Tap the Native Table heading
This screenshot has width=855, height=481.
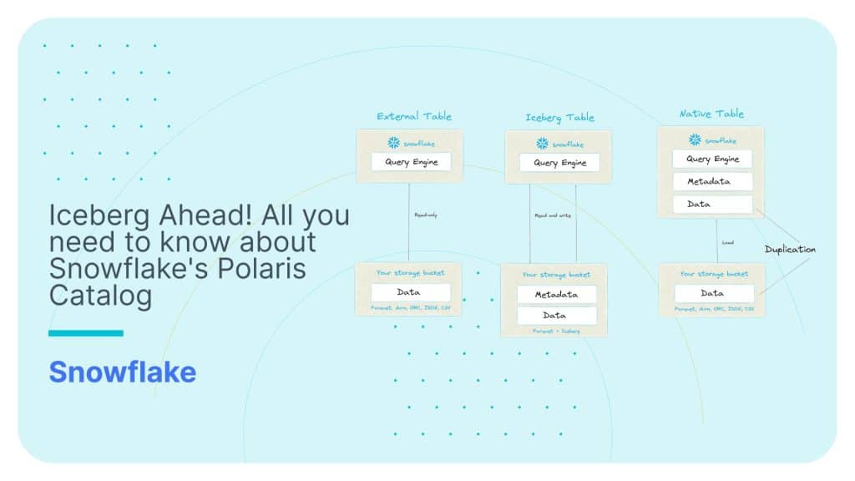711,114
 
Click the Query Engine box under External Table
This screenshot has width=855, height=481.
411,162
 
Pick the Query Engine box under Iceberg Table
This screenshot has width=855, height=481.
559,163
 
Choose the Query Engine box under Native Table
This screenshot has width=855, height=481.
712,159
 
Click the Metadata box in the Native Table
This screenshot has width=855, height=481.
712,181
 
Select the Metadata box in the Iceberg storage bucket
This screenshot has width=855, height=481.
556,294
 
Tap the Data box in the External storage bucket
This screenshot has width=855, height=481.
409,292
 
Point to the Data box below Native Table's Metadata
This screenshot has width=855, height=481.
712,204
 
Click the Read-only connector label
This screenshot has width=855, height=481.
426,215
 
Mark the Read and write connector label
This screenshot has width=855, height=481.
552,215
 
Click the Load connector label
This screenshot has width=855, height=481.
728,243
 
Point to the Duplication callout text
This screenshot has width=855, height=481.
790,249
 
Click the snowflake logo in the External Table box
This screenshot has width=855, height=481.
392,143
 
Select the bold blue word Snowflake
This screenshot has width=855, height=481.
122,372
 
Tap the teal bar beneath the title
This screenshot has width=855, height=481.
86,333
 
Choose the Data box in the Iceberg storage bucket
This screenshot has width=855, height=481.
556,316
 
